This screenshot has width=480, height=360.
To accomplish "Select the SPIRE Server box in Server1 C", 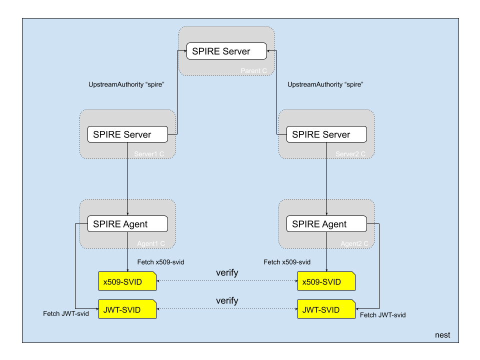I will tap(127, 134).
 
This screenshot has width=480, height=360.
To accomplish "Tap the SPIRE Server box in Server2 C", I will tap(326, 134).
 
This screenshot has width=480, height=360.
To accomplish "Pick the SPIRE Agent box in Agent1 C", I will tap(127, 224).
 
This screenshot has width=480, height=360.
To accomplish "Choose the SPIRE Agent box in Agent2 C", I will tap(326, 224).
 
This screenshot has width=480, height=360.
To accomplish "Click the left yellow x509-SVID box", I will tap(127, 282).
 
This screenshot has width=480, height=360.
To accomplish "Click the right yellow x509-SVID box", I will tap(326, 282).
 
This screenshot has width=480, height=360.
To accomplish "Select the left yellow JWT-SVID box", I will tap(127, 310).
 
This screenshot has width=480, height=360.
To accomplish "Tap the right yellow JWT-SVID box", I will tap(326, 310).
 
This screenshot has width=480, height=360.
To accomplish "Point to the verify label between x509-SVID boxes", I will tap(227, 273).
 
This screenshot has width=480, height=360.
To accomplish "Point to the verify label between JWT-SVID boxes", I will tap(227, 301).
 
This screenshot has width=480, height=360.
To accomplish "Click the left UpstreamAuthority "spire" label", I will tap(126, 85).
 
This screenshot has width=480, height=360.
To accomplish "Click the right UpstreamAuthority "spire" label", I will tap(325, 85).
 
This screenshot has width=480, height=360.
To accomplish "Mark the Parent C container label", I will tap(254, 70).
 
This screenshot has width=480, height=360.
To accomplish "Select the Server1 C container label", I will tap(149, 153).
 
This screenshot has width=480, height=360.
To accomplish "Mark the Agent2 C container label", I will tap(354, 243).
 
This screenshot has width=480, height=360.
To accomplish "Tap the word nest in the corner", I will tap(442, 335).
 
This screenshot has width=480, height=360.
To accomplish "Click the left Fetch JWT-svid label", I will tap(66, 313).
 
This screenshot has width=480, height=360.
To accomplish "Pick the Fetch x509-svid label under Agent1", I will tap(160, 262).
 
